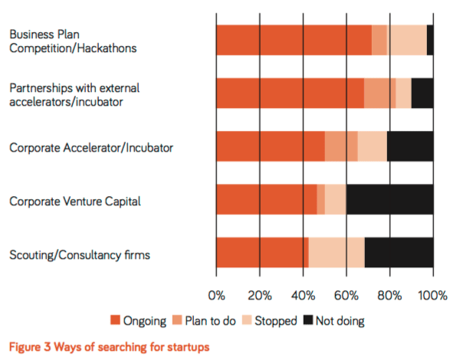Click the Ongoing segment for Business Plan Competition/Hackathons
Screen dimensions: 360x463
[x=294, y=40]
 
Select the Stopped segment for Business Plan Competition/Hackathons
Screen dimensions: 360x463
[x=407, y=40]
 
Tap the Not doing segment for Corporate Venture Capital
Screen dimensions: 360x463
[x=389, y=200]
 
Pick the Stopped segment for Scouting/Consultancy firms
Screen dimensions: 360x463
[x=337, y=253]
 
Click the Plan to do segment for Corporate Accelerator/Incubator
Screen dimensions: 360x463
[x=341, y=146]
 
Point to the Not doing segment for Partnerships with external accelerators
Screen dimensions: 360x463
[x=422, y=93]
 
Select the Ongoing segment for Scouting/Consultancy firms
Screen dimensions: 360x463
[x=262, y=253]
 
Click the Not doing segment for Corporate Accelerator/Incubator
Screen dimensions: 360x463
[x=410, y=146]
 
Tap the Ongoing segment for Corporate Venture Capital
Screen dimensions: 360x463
[x=267, y=200]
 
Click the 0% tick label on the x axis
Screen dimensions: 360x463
[x=216, y=296]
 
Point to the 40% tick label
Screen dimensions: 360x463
[x=303, y=296]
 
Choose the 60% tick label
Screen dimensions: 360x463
[x=346, y=296]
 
